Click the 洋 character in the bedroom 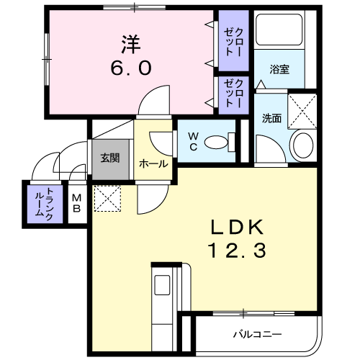131,45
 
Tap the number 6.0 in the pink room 131,68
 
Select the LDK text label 237,228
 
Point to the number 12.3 238,251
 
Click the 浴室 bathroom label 279,69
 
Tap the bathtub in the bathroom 279,30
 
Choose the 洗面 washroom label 271,118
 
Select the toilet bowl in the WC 216,143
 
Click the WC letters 193,142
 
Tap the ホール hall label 153,164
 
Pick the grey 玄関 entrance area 111,159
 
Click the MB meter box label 77,204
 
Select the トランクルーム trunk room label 45,204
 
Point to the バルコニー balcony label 258,334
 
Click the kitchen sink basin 162,285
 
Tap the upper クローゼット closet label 233,42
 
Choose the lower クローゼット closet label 233,93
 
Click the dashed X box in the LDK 107,199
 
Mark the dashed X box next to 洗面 302,111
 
